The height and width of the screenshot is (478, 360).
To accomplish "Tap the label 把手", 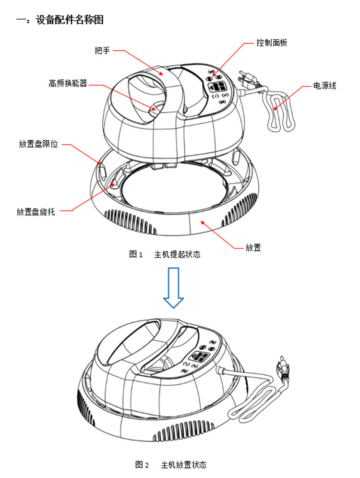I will (103, 49).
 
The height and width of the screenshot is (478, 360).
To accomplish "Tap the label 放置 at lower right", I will (253, 248).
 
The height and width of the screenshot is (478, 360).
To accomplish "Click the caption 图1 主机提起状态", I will (165, 255).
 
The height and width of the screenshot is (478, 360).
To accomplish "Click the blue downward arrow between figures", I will (173, 288).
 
